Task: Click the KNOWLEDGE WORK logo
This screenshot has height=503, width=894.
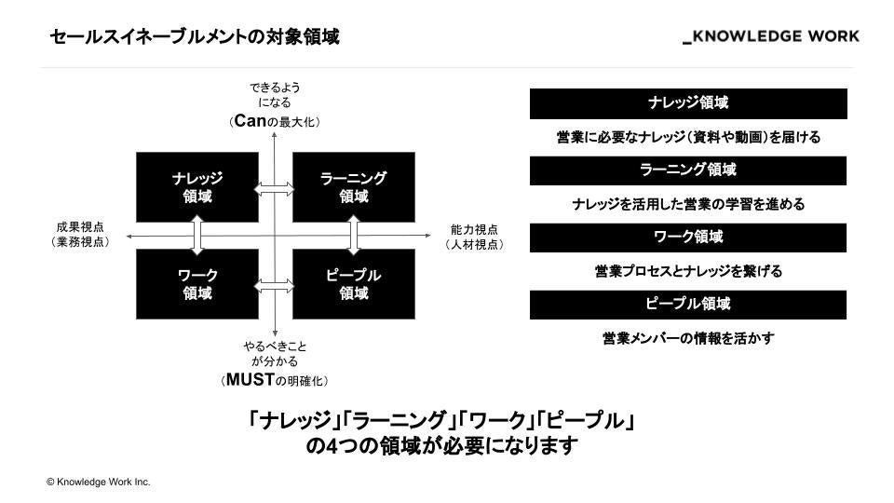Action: click(771, 36)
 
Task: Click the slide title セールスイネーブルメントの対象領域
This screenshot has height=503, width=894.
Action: click(195, 37)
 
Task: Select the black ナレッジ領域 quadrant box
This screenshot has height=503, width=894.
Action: click(196, 187)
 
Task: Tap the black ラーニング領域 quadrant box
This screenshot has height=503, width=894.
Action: click(353, 187)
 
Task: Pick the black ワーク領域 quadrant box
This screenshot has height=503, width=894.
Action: click(196, 284)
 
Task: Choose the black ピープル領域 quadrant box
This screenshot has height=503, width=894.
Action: click(353, 284)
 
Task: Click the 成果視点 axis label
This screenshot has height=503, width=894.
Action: click(81, 228)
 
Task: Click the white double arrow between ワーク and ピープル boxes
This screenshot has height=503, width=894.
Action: click(275, 283)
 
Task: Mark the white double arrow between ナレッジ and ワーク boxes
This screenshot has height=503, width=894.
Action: click(197, 236)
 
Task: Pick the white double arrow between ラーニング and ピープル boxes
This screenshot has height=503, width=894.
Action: click(354, 236)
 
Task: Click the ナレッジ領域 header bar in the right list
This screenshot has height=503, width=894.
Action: click(688, 103)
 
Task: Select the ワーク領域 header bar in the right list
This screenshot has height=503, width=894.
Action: click(688, 238)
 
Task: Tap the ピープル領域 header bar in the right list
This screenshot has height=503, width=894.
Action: click(688, 305)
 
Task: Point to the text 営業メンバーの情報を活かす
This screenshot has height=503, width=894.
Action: click(688, 338)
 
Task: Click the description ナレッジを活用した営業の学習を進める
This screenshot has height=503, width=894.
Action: click(688, 204)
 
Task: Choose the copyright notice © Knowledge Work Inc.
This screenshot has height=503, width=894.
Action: click(98, 482)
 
